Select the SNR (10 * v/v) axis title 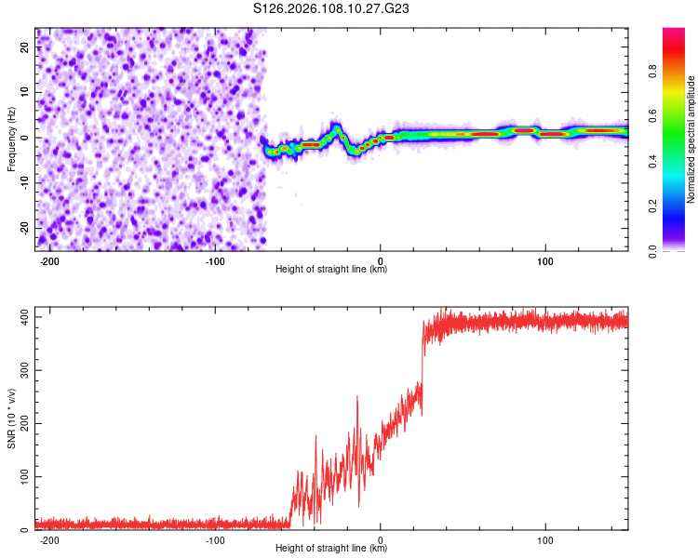click(x=11, y=419)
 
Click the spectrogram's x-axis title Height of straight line click(x=331, y=270)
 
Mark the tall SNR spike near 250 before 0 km click(x=357, y=398)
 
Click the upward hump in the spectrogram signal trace click(x=336, y=126)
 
